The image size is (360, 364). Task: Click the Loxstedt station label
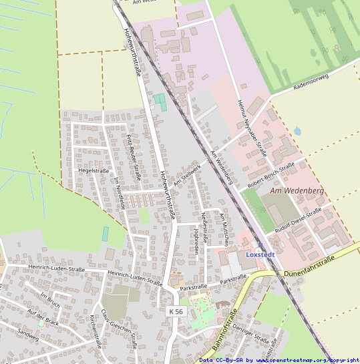click(x=260, y=254)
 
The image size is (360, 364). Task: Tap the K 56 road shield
click(x=175, y=311)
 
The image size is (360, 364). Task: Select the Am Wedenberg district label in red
click(x=297, y=191)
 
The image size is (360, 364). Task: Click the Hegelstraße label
click(x=94, y=171)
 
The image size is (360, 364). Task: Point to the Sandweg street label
click(x=29, y=332)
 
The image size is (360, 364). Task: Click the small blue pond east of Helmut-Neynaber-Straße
click(x=297, y=131)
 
